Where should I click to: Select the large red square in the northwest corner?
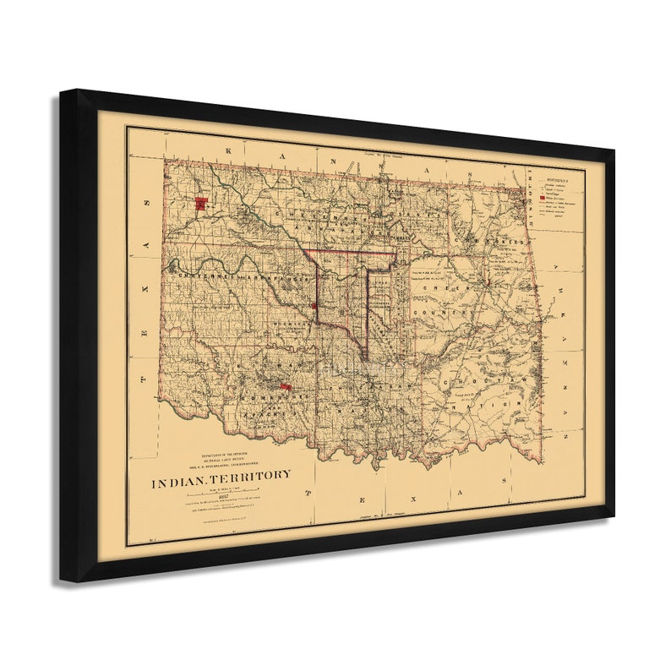pyautogui.click(x=201, y=203)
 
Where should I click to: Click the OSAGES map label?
pyautogui.click(x=401, y=237)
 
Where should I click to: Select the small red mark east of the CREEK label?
pyautogui.click(x=489, y=278)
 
